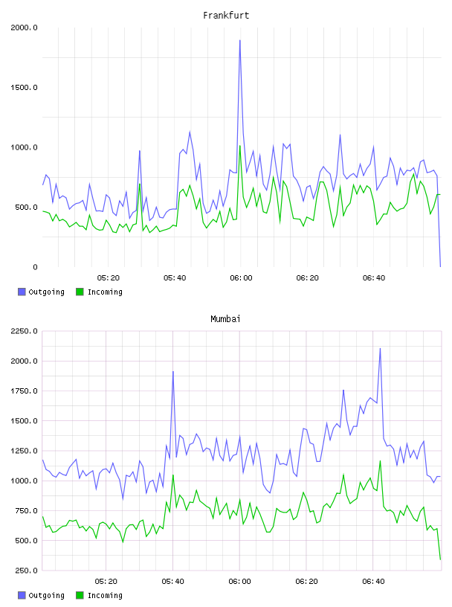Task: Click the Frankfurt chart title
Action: [x=226, y=16]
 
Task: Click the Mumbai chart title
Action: [x=225, y=319]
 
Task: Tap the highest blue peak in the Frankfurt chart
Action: [x=240, y=40]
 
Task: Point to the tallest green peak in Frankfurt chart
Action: [x=240, y=146]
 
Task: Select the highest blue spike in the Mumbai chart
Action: [x=380, y=348]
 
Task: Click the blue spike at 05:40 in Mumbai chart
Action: [x=173, y=372]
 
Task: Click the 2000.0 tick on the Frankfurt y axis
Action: [x=24, y=28]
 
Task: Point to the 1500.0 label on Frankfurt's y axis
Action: [x=24, y=88]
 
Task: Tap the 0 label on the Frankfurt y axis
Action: [x=35, y=267]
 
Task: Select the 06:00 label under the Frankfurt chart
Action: [x=241, y=278]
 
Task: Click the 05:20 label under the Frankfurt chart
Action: [x=108, y=278]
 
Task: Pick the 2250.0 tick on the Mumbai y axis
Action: [x=24, y=331]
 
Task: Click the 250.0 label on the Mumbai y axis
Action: [x=26, y=571]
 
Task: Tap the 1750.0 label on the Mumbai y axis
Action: [x=24, y=391]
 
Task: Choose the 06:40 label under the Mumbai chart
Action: [x=373, y=582]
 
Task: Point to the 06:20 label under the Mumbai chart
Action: [x=306, y=582]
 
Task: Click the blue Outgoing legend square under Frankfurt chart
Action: [x=22, y=292]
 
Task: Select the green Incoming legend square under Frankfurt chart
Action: [x=80, y=292]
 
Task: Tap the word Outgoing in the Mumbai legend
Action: [x=46, y=595]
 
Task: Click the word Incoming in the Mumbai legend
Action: [x=105, y=595]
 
